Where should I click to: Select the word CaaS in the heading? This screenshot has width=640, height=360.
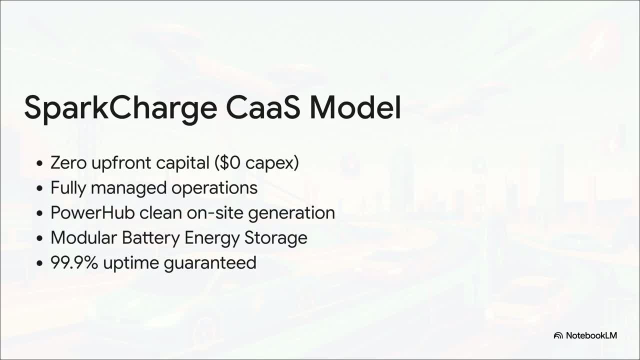(263, 107)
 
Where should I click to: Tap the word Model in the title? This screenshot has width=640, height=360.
(355, 107)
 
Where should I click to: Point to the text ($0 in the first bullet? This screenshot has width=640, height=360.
(227, 163)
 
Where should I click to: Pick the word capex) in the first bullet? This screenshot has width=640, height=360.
(272, 163)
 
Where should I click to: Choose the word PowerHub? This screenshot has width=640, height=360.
(92, 213)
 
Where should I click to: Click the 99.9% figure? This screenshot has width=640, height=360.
(74, 263)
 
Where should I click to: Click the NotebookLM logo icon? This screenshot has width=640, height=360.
(558, 335)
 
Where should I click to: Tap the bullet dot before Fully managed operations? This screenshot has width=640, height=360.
(39, 188)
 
